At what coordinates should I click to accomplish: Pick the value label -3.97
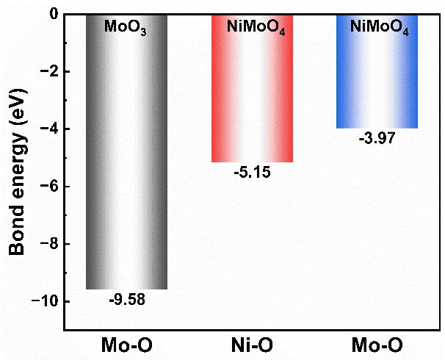tap(377, 139)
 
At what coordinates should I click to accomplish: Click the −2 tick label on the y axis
tap(48, 72)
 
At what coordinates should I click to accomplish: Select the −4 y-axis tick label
tap(48, 129)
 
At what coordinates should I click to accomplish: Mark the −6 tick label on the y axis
tap(48, 187)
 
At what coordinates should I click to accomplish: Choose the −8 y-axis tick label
tap(48, 244)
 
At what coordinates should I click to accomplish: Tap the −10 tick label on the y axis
tap(44, 302)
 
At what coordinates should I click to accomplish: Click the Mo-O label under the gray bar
tap(126, 345)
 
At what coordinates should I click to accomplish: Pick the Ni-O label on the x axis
tap(252, 345)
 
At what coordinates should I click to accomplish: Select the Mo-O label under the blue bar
tap(377, 345)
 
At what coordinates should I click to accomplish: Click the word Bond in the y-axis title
tap(18, 232)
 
